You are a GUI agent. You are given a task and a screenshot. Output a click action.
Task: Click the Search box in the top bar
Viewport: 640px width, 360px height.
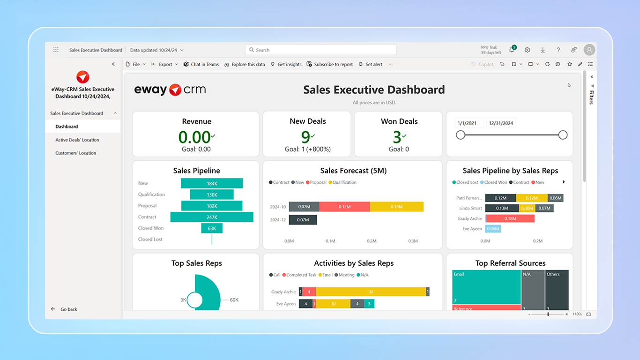coord(320,50)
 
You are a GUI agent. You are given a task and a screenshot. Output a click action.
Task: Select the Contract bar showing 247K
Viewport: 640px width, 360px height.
coord(212,217)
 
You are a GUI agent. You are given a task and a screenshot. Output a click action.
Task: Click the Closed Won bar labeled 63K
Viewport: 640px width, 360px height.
coord(212,228)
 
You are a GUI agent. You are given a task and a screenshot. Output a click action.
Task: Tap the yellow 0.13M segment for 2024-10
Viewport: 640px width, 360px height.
coord(396,207)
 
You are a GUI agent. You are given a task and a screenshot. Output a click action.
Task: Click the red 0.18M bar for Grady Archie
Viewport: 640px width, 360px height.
coord(510,218)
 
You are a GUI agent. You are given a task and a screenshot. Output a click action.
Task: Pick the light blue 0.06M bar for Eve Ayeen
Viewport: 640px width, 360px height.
coord(493,229)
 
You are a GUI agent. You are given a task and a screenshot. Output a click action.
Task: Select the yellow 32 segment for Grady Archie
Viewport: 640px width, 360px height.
coord(371,292)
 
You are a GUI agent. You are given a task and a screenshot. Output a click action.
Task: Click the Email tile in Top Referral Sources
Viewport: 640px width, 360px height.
coord(486,287)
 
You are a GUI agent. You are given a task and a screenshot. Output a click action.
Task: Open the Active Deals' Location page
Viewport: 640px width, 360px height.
coord(77,140)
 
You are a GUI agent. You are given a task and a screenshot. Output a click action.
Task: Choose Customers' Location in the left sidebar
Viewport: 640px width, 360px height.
coord(76,153)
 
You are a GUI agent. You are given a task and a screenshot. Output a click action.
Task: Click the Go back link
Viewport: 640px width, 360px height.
coord(68,309)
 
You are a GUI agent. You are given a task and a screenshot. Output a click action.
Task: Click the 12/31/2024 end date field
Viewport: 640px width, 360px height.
coord(501,123)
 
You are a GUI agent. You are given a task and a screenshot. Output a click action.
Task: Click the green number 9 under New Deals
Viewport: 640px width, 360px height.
coord(305,137)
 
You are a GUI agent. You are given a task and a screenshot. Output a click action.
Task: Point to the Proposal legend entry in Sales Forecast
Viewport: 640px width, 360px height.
coord(318,182)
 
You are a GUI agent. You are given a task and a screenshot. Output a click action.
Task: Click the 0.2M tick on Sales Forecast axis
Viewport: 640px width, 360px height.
coord(372,241)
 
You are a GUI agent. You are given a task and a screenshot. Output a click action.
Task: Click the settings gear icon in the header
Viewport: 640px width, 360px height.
coord(527,50)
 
